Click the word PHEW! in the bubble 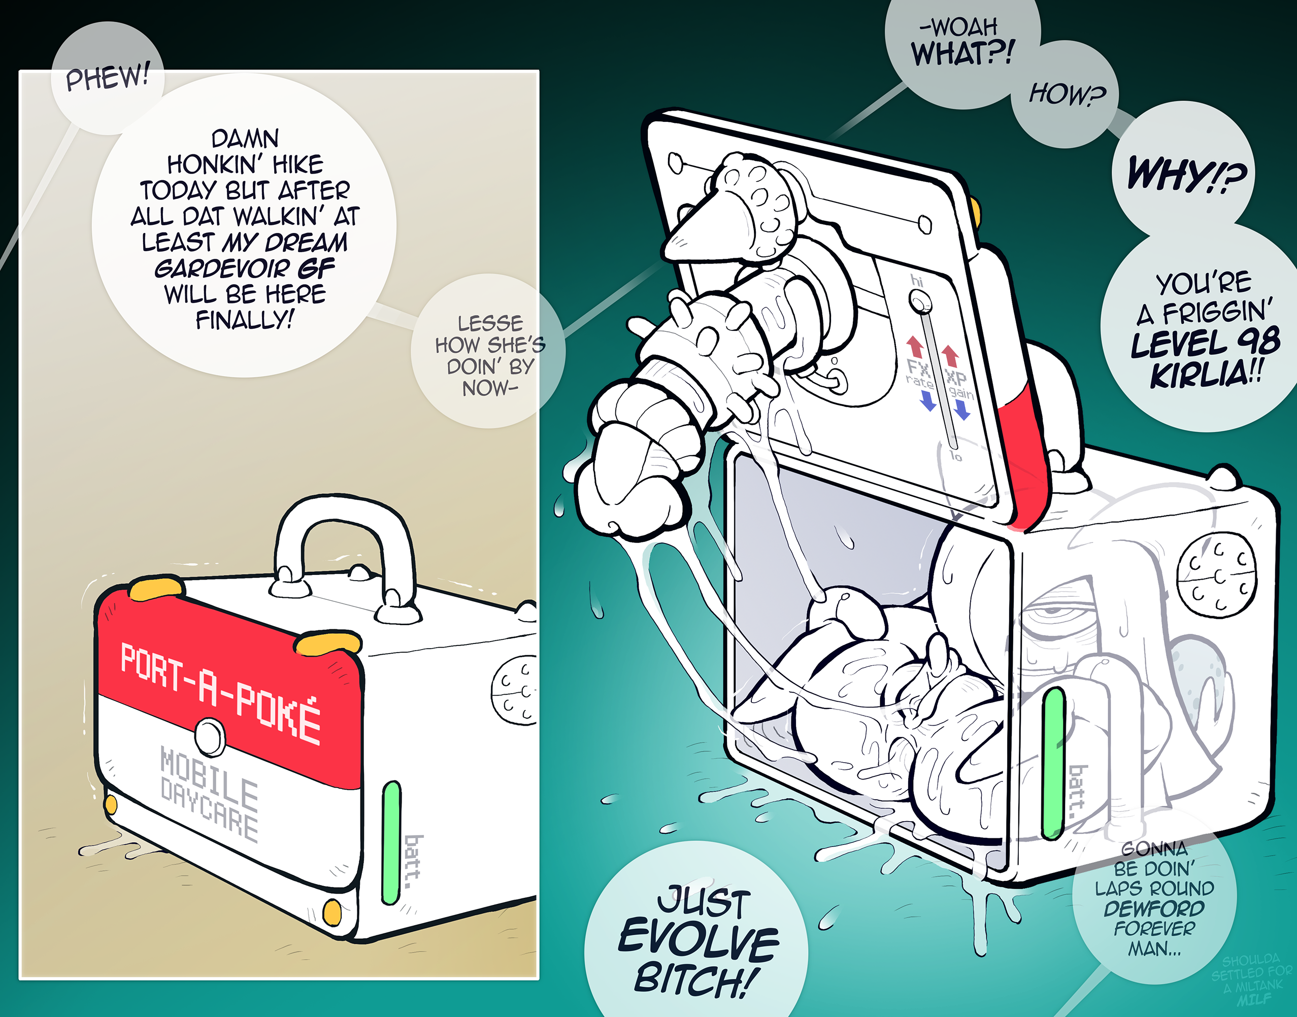coord(107,78)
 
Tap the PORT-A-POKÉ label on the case coord(221,694)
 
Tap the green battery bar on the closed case coord(391,842)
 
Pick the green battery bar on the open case coord(1053,763)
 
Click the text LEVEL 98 coord(1205,343)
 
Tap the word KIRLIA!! coord(1206,375)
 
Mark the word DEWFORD coord(1154,908)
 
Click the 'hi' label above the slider coord(916,281)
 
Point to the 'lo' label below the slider coord(956,457)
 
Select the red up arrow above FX coord(915,347)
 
